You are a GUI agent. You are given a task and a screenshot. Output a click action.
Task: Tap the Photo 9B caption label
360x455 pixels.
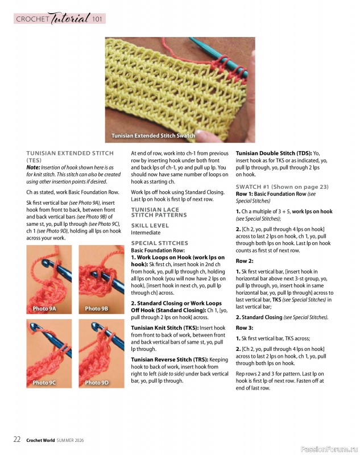pos(97,309)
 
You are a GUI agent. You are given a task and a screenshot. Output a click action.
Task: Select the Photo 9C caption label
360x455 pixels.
pos(44,383)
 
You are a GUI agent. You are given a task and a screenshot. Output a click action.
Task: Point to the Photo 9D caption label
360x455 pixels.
pos(97,383)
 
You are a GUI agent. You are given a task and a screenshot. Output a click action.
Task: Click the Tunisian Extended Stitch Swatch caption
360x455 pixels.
pos(153,136)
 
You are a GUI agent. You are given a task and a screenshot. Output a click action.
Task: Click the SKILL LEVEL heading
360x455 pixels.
pos(150,225)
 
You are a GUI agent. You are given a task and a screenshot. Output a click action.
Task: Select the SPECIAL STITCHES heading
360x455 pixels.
pos(159,243)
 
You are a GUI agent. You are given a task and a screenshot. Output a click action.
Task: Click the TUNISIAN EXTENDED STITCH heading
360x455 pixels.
pos(70,153)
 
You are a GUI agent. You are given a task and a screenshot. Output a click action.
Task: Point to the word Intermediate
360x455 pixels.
pos(146,233)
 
